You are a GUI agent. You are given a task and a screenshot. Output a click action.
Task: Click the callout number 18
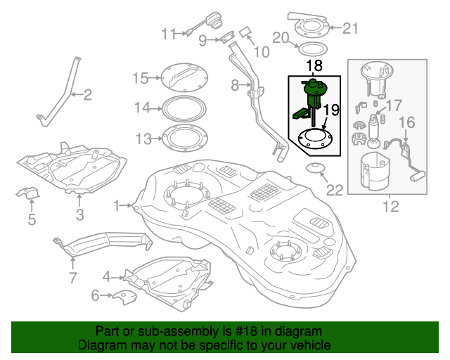pyautogui.click(x=314, y=66)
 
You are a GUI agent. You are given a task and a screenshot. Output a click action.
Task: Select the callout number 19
pyautogui.click(x=331, y=110)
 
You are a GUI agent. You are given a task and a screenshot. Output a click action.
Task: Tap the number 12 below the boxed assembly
pyautogui.click(x=390, y=206)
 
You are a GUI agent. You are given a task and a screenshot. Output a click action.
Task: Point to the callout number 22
pyautogui.click(x=335, y=189)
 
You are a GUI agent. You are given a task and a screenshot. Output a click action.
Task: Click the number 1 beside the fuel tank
pyautogui.click(x=117, y=205)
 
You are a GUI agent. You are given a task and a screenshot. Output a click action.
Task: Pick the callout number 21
pyautogui.click(x=350, y=28)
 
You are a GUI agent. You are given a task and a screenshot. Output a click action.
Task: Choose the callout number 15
pyautogui.click(x=140, y=78)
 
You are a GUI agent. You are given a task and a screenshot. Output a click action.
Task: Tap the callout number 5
pyautogui.click(x=32, y=221)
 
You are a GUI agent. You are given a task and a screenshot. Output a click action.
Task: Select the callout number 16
pyautogui.click(x=407, y=124)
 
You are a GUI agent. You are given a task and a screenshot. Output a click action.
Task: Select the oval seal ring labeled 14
pyautogui.click(x=184, y=108)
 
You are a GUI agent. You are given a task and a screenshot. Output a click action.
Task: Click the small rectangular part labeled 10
pyautogui.click(x=245, y=32)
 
